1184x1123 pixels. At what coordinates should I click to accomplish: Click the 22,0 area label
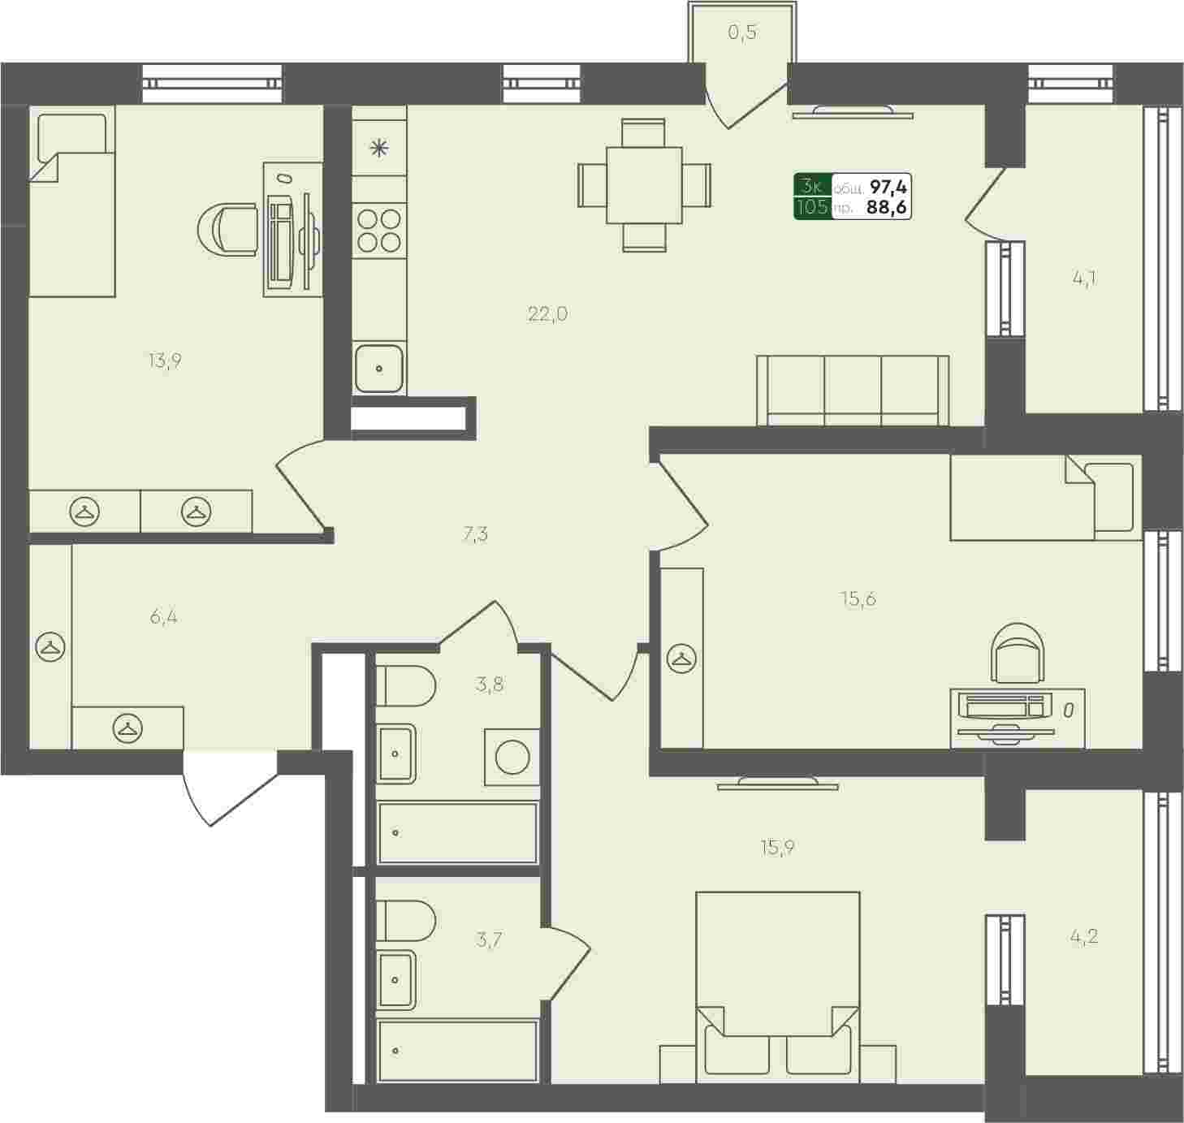[x=547, y=313]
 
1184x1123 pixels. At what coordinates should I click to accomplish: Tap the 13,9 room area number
[x=165, y=361]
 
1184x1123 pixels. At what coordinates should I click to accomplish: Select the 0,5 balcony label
[x=742, y=32]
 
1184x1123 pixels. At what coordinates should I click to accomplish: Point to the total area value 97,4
[x=888, y=188]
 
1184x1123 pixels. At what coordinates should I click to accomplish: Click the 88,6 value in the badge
[x=888, y=208]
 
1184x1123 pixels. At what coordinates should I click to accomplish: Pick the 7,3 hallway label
[x=475, y=534]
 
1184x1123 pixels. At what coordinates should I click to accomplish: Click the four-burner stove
[x=378, y=230]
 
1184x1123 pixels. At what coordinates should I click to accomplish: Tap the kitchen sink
[x=378, y=368]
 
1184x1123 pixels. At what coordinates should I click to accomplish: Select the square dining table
[x=645, y=185]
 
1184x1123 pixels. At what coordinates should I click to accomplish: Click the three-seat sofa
[x=852, y=391]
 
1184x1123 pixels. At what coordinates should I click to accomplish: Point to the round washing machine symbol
[x=512, y=757]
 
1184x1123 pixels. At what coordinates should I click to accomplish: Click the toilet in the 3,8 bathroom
[x=405, y=685]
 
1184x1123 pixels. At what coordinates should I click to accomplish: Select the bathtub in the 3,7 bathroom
[x=458, y=1050]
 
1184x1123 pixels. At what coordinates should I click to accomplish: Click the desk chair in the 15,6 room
[x=1018, y=654]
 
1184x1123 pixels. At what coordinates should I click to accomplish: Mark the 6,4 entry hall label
[x=164, y=617]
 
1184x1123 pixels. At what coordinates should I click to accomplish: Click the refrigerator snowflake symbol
[x=378, y=148]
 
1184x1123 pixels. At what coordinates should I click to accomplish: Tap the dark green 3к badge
[x=813, y=197]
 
